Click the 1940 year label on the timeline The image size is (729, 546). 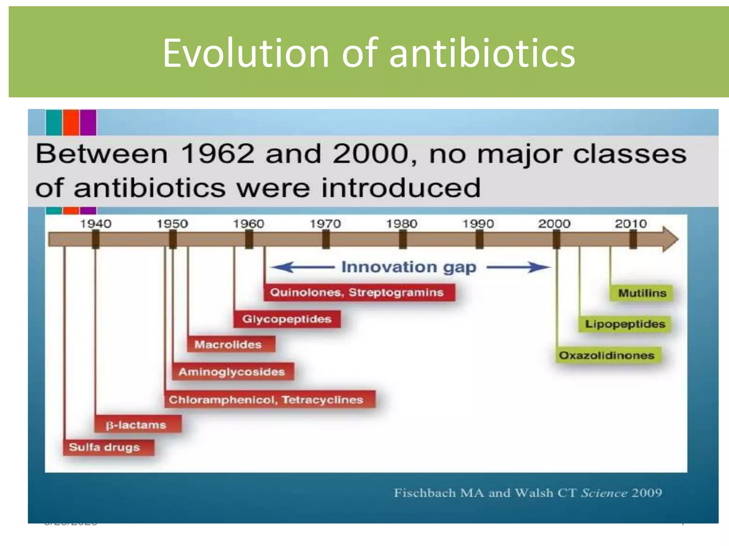pyautogui.click(x=95, y=224)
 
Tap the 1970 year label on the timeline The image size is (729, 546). pyautogui.click(x=325, y=224)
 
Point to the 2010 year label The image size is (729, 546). pyautogui.click(x=630, y=224)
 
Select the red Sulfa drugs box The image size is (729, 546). pyautogui.click(x=109, y=447)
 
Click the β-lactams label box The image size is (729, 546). pyautogui.click(x=138, y=424)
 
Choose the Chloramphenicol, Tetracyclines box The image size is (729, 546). pyautogui.click(x=269, y=400)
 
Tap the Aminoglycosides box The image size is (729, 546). pyautogui.click(x=233, y=372)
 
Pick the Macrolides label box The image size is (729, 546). pyautogui.click(x=231, y=344)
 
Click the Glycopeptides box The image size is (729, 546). pyautogui.click(x=287, y=319)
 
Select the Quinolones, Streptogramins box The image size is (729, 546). pyautogui.click(x=359, y=292)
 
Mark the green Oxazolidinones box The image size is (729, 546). pyautogui.click(x=608, y=355)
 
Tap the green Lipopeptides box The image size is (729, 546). pyautogui.click(x=625, y=324)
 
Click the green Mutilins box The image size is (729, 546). pyautogui.click(x=641, y=293)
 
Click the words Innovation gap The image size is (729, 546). pyautogui.click(x=409, y=267)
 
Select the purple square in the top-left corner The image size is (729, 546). pyautogui.click(x=88, y=122)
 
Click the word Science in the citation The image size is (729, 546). pyautogui.click(x=604, y=493)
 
